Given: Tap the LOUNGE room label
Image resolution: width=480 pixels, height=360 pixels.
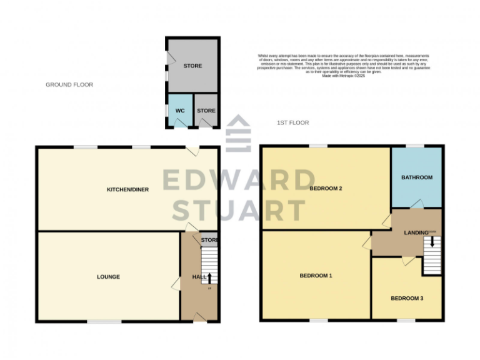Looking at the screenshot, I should pyautogui.click(x=108, y=277).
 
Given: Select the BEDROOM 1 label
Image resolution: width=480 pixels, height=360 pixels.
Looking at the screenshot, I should pyautogui.click(x=316, y=276).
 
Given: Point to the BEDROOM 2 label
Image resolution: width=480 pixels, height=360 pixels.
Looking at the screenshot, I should pyautogui.click(x=325, y=189).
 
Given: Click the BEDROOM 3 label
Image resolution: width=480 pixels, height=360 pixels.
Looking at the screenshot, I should pyautogui.click(x=407, y=298).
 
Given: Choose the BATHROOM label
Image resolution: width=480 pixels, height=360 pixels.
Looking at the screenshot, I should pyautogui.click(x=417, y=177).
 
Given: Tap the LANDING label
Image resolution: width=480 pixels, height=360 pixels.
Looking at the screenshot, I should pyautogui.click(x=416, y=233).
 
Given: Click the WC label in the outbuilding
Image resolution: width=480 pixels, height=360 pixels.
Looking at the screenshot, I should pyautogui.click(x=180, y=111).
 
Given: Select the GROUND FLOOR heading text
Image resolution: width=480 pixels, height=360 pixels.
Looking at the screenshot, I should pyautogui.click(x=69, y=84).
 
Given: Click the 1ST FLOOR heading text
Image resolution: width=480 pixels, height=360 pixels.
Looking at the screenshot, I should pyautogui.click(x=293, y=123).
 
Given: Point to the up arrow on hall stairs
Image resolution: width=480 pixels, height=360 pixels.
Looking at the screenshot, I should pyautogui.click(x=209, y=277).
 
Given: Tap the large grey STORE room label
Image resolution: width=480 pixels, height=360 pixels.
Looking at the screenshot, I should pyautogui.click(x=192, y=66).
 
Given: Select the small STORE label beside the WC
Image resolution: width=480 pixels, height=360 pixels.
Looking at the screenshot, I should pyautogui.click(x=206, y=111).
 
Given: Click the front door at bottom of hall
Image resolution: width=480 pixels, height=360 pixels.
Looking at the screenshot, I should pyautogui.click(x=199, y=319).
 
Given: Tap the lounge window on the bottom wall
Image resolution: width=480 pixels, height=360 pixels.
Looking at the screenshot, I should pyautogui.click(x=104, y=322).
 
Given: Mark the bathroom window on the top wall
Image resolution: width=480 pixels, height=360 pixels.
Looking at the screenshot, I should pyautogui.click(x=414, y=146).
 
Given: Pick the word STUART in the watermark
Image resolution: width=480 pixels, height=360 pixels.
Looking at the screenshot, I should pyautogui.click(x=239, y=211).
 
